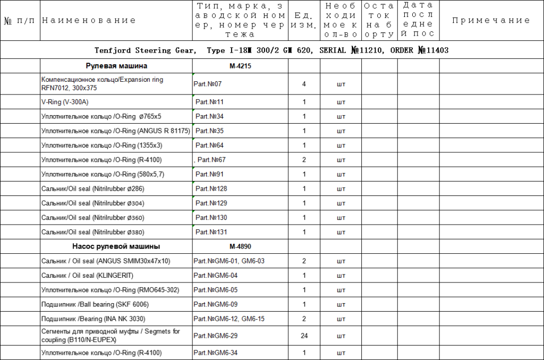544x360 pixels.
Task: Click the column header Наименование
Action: (89, 21)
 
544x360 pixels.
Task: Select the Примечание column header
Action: (491, 21)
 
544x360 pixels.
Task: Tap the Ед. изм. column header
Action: (304, 21)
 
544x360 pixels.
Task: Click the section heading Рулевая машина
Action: (116, 66)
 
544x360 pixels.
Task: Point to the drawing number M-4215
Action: (240, 66)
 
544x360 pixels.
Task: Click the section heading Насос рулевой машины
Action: (116, 246)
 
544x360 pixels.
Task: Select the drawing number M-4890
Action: (240, 246)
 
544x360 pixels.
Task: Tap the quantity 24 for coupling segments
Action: (304, 336)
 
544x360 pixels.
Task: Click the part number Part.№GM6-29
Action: (216, 336)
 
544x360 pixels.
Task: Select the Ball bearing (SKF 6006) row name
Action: (95, 304)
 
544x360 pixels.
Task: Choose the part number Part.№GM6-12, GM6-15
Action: (228, 319)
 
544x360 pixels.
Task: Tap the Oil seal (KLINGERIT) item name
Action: (87, 276)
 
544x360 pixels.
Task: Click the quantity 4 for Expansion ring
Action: (304, 84)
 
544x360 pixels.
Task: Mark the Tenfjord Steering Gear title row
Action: (271, 50)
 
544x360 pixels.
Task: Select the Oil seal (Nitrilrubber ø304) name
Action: (92, 203)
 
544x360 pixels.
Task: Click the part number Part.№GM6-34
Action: (216, 353)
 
